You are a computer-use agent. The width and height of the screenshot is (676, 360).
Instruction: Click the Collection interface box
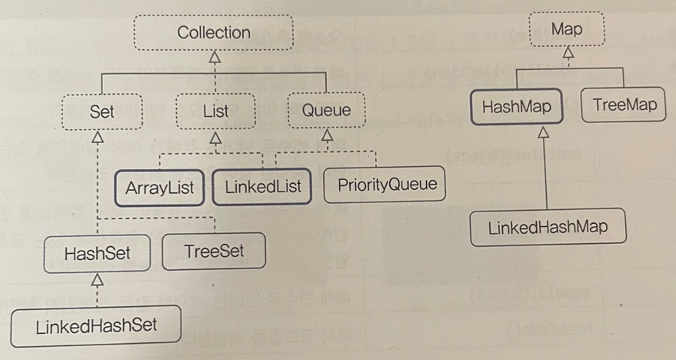click(214, 33)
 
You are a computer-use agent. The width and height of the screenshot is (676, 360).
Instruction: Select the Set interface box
click(101, 111)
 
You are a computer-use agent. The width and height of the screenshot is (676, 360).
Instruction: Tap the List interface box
click(215, 111)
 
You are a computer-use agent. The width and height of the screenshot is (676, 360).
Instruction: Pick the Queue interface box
click(325, 110)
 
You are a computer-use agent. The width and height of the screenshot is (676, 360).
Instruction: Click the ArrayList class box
click(160, 188)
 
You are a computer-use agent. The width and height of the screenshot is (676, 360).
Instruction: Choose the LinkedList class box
click(263, 187)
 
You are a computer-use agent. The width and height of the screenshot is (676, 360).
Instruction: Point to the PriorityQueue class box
click(386, 185)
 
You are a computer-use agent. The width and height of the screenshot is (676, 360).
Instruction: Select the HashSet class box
click(97, 253)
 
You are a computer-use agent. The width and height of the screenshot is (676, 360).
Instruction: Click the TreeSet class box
click(214, 252)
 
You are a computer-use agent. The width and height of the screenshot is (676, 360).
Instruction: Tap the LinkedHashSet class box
click(95, 326)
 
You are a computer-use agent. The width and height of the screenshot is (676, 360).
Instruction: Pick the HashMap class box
click(516, 107)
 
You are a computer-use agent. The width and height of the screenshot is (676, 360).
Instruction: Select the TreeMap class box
click(624, 105)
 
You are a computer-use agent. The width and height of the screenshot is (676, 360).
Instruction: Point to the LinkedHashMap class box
click(547, 228)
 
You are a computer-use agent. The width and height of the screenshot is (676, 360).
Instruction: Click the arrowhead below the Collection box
click(215, 58)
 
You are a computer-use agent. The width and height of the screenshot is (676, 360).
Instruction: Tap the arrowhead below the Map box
click(568, 54)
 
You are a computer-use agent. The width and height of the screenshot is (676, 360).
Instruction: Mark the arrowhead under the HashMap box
click(544, 132)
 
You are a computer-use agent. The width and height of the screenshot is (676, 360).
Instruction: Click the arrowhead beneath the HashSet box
click(97, 278)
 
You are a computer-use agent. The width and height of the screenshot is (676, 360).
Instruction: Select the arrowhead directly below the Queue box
click(328, 136)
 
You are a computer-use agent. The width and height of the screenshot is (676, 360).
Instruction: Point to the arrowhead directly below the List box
click(216, 138)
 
